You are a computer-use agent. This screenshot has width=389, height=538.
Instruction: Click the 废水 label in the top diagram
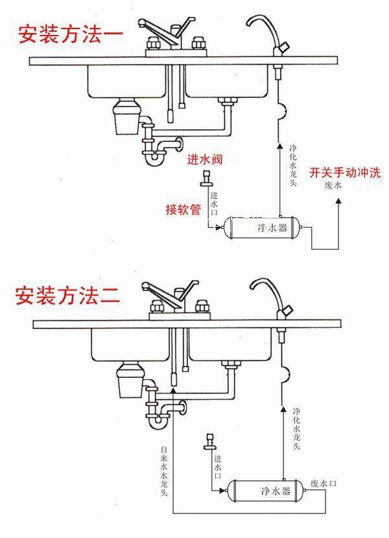(x=333, y=185)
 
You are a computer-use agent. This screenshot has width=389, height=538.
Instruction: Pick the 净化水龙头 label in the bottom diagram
(x=296, y=428)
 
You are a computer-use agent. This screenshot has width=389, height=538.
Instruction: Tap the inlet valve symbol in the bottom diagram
(x=209, y=440)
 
